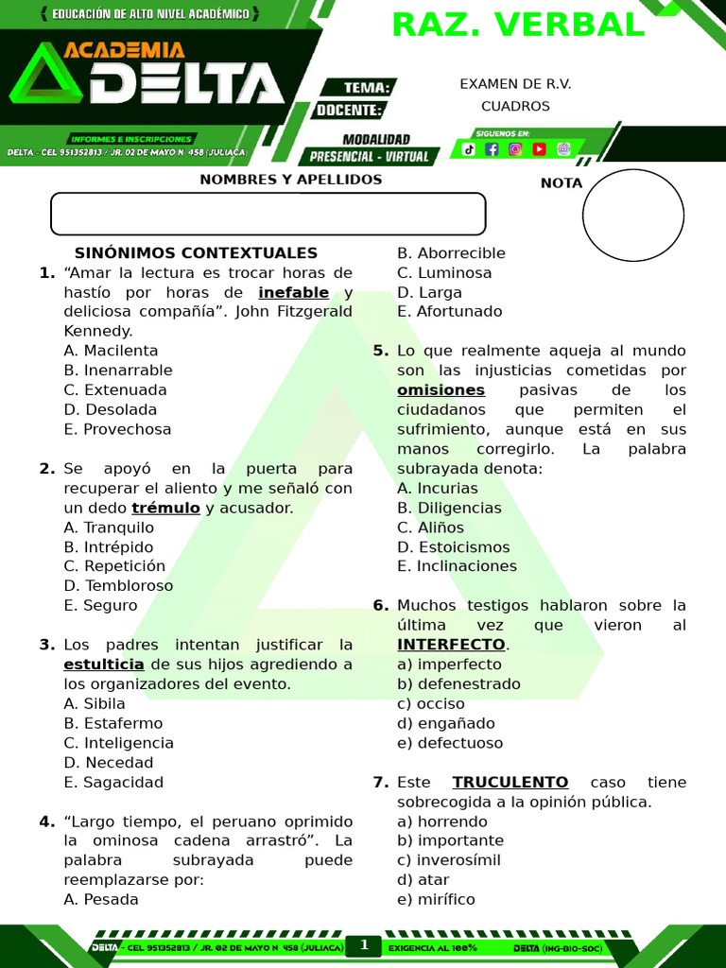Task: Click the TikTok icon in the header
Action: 469,148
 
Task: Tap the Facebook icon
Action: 492,148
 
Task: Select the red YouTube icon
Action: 539,148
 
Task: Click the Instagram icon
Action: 515,148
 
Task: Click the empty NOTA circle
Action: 632,216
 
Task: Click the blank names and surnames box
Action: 268,214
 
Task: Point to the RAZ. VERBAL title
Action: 518,26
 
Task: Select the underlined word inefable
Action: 293,292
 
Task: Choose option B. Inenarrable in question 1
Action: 118,371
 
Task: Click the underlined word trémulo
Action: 165,508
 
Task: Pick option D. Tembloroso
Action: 118,586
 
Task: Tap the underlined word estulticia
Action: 104,665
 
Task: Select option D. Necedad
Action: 109,763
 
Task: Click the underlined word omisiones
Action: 441,390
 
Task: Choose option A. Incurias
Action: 438,489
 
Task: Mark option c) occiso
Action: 431,704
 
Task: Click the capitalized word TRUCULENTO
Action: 510,783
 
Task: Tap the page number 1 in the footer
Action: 363,945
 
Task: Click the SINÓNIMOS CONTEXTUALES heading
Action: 196,253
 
